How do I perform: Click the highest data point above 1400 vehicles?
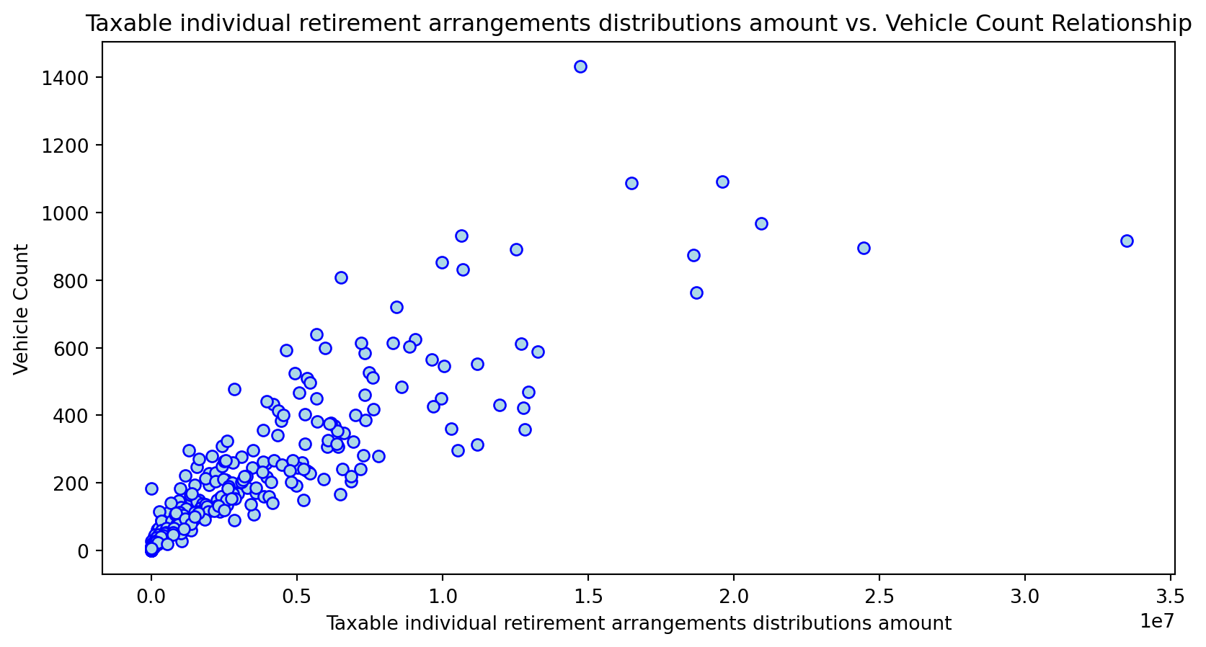click(x=580, y=67)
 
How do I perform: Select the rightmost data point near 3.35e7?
click(x=1127, y=241)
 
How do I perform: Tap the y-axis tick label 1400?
click(x=65, y=79)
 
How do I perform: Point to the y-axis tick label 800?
click(x=71, y=281)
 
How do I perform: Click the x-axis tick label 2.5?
click(x=879, y=597)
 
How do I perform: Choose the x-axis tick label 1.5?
click(x=588, y=597)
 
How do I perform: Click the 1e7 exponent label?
click(x=1157, y=621)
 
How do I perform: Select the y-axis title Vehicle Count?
click(x=21, y=309)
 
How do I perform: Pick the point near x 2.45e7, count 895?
click(x=864, y=248)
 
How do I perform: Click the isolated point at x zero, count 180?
click(x=151, y=488)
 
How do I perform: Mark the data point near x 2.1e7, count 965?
click(x=761, y=224)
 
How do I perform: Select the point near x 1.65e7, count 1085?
click(x=631, y=184)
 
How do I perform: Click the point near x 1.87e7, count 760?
click(x=696, y=293)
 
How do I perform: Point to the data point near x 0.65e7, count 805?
click(x=341, y=277)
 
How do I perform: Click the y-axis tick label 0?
click(x=83, y=551)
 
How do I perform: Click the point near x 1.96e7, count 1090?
click(x=722, y=182)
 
